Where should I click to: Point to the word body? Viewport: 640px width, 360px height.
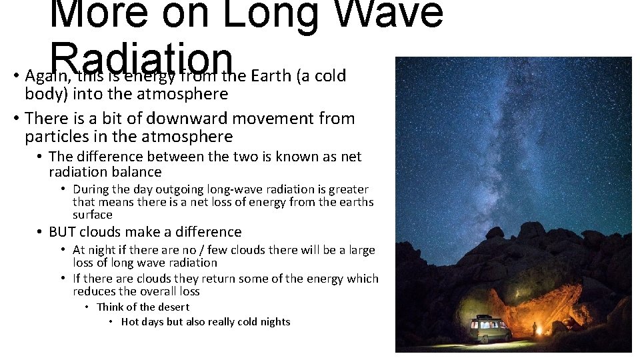tap(42, 94)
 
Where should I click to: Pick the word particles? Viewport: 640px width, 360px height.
tap(55, 137)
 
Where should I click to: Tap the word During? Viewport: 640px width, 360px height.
tap(91, 189)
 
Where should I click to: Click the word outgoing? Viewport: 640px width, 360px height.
tap(176, 189)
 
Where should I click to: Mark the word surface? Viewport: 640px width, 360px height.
tap(92, 215)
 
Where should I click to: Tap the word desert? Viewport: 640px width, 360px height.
tap(172, 307)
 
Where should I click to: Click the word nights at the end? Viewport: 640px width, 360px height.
tap(274, 322)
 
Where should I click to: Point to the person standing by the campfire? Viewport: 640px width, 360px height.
tap(533, 329)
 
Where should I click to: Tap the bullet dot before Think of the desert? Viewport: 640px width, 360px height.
tap(87, 307)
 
